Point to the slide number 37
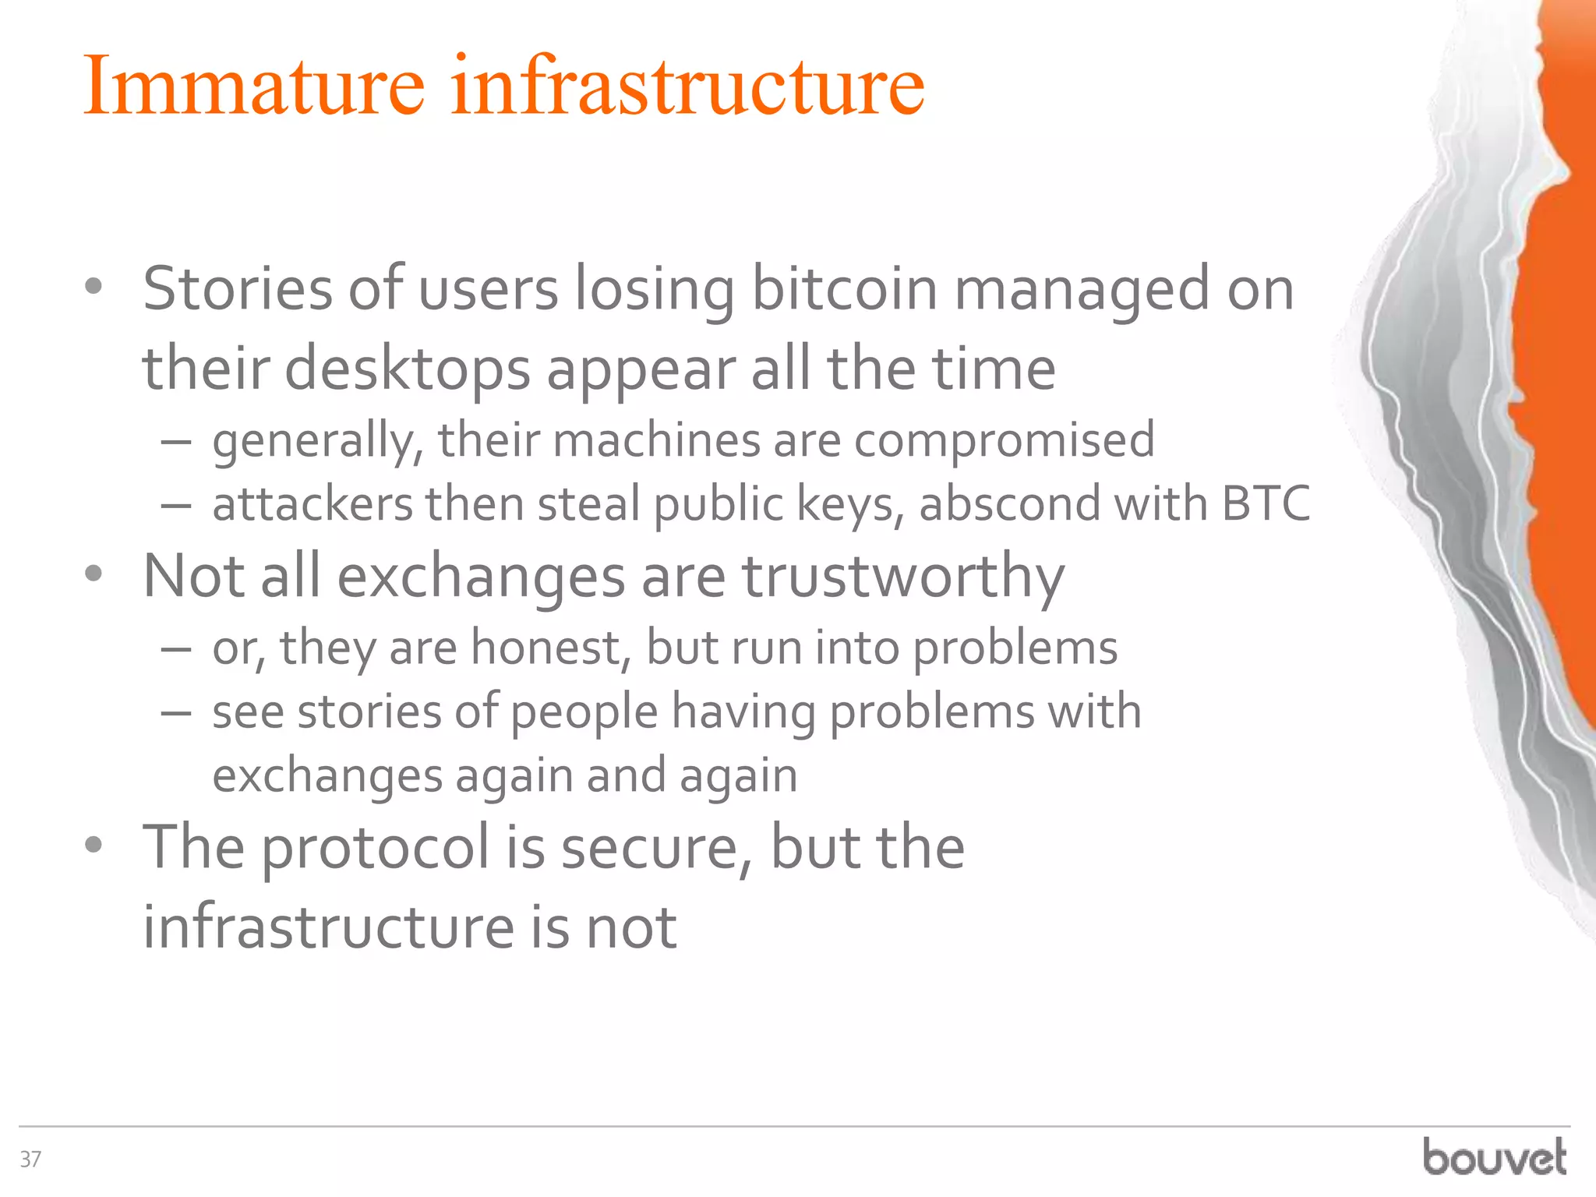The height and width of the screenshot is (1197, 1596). click(30, 1160)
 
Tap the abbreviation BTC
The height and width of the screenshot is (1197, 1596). click(1266, 504)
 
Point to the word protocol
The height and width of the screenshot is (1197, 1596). click(375, 848)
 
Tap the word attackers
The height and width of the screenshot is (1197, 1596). click(312, 504)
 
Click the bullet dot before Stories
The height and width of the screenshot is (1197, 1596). click(94, 288)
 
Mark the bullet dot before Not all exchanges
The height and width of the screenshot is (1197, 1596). click(94, 575)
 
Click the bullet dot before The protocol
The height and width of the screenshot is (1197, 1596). click(94, 846)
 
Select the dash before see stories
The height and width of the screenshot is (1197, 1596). click(177, 712)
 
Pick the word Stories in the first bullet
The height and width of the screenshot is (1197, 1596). click(238, 289)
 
